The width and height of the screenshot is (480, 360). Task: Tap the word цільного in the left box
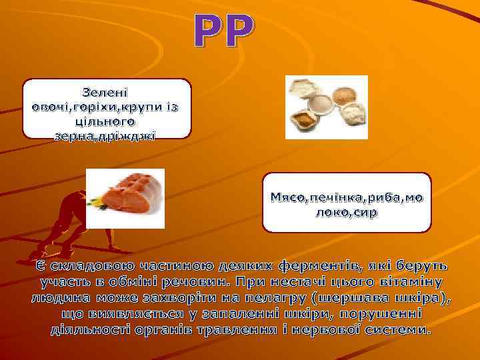pos(107,122)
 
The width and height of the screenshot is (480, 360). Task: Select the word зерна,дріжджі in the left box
pos(107,136)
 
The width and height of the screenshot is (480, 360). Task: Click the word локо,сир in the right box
pos(347,213)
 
